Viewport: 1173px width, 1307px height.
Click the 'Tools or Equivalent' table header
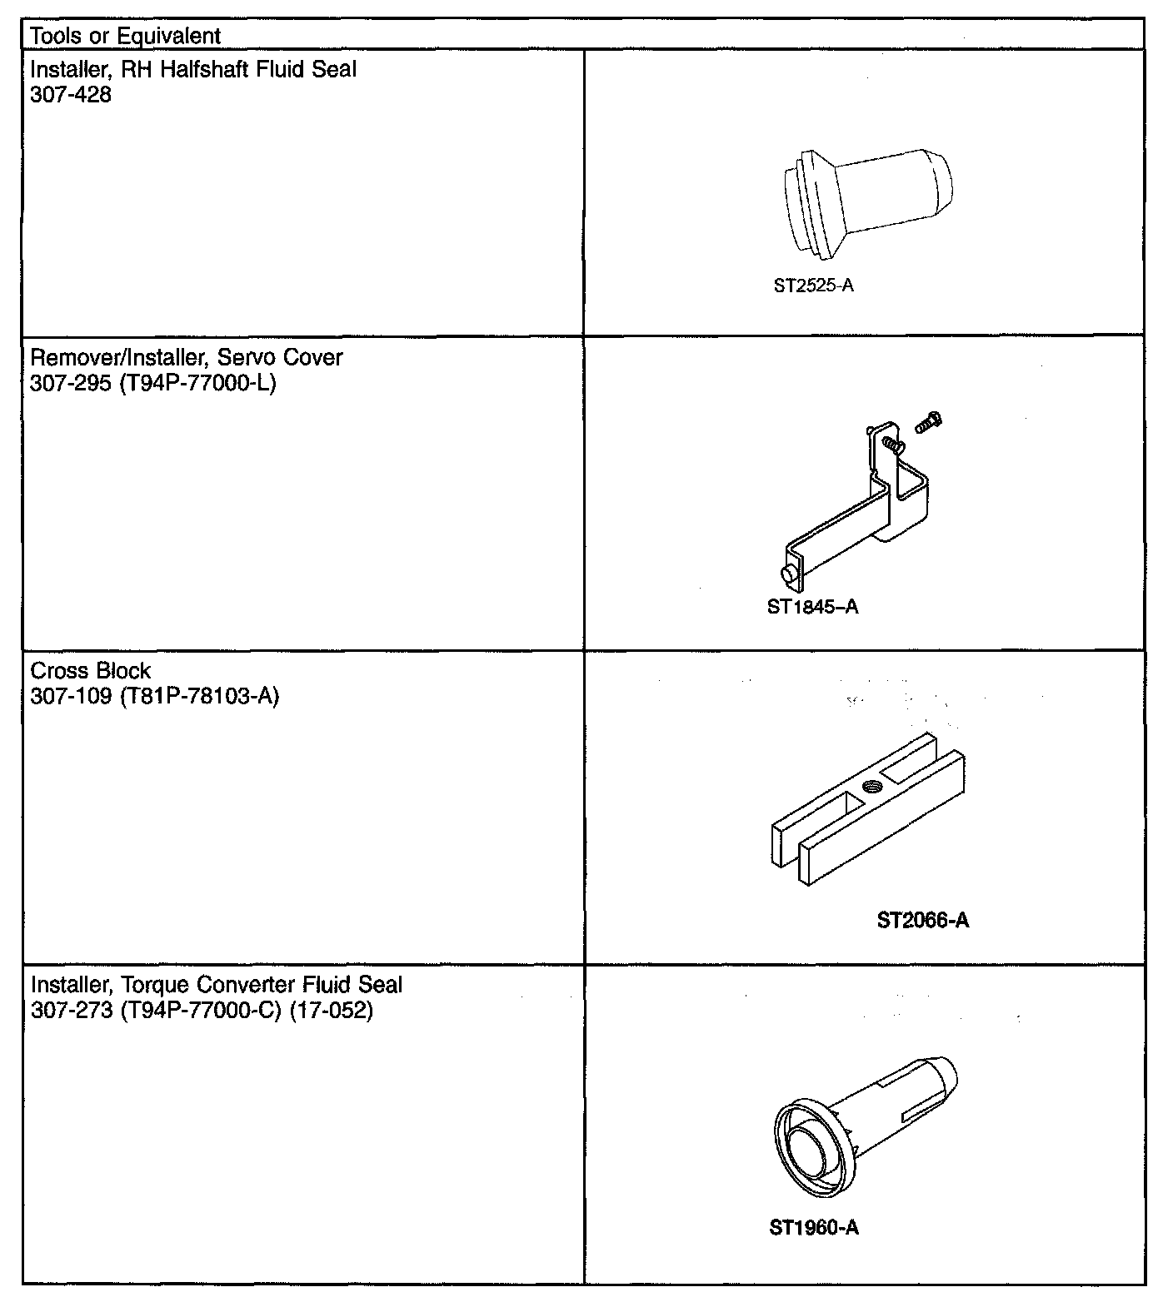(x=126, y=36)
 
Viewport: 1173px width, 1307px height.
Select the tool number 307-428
(x=71, y=95)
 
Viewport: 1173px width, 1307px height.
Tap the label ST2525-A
(x=813, y=286)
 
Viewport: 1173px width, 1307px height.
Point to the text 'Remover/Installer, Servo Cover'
(x=187, y=357)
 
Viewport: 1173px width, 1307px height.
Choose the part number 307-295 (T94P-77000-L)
(x=153, y=383)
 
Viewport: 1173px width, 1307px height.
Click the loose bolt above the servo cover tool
(x=926, y=422)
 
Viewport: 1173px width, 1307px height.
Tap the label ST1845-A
(x=812, y=606)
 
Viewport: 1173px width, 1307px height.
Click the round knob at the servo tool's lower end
(x=787, y=574)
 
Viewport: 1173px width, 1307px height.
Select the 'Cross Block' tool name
(x=91, y=670)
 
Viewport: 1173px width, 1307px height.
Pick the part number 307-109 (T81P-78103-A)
(x=155, y=696)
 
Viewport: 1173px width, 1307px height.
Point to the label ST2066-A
(x=922, y=920)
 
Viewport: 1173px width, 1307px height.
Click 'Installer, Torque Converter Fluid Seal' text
(x=217, y=985)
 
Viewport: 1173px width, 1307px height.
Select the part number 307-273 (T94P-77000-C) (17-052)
(x=202, y=1011)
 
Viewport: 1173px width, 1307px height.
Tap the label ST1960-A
(x=814, y=1227)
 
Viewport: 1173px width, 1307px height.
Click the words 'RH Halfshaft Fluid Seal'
(x=239, y=69)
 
